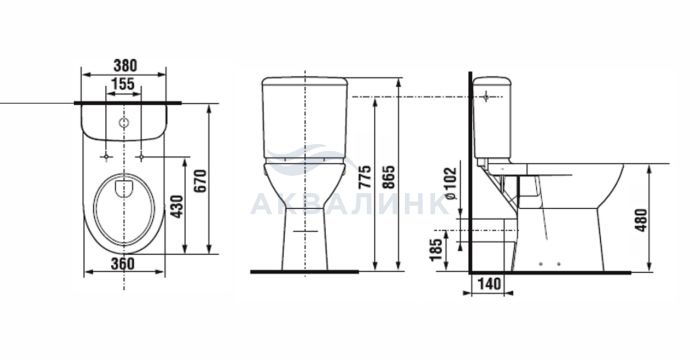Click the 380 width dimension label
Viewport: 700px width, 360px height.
point(125,66)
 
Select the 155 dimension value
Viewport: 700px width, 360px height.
point(123,84)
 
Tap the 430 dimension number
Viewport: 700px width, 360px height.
point(177,206)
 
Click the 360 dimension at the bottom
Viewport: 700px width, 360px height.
point(123,264)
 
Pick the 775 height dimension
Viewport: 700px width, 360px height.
point(365,177)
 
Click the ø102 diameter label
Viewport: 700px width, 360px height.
point(451,183)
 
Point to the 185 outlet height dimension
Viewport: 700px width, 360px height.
point(437,249)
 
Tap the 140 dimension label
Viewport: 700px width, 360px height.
point(490,284)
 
